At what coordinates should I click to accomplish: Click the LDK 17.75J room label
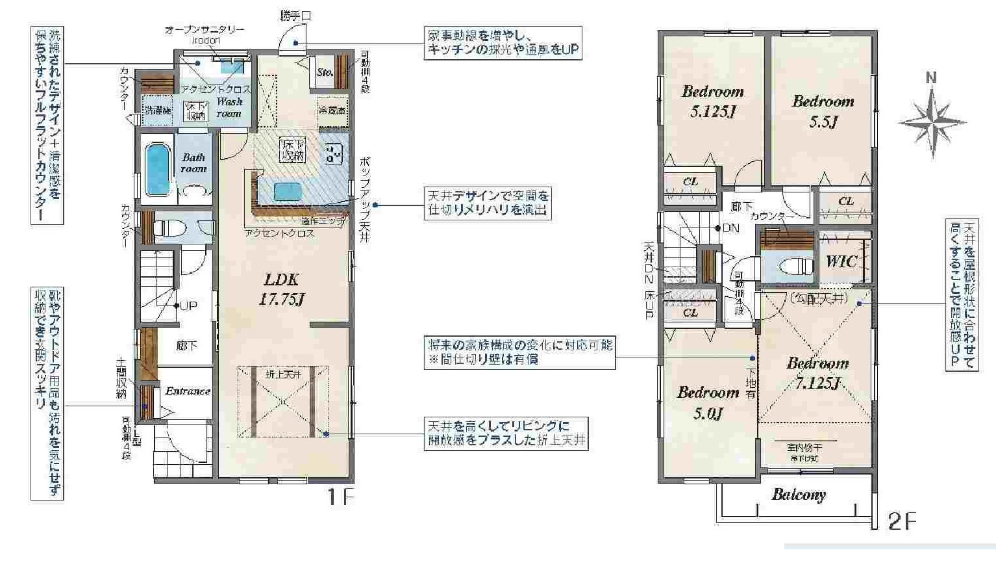pos(282,289)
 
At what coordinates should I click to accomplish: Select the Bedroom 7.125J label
pos(817,372)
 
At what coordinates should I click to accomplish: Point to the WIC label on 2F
pos(841,261)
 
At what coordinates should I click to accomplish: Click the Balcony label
pos(799,495)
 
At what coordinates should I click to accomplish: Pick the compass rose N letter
pos(931,79)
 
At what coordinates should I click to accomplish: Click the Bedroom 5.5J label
pos(823,111)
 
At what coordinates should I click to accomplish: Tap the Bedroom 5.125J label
pos(712,101)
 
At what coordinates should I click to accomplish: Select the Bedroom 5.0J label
pos(708,402)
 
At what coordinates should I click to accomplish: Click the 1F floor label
pos(340,498)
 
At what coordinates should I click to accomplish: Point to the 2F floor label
pos(901,521)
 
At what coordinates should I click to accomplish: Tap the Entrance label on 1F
pos(187,391)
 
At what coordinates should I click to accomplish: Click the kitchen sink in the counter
pos(287,192)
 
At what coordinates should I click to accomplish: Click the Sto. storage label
pos(325,72)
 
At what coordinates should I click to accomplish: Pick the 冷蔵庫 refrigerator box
pos(332,111)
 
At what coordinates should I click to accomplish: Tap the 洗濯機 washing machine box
pos(157,111)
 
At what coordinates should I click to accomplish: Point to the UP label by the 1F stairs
pos(188,305)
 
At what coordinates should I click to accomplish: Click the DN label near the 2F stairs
pos(730,228)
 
